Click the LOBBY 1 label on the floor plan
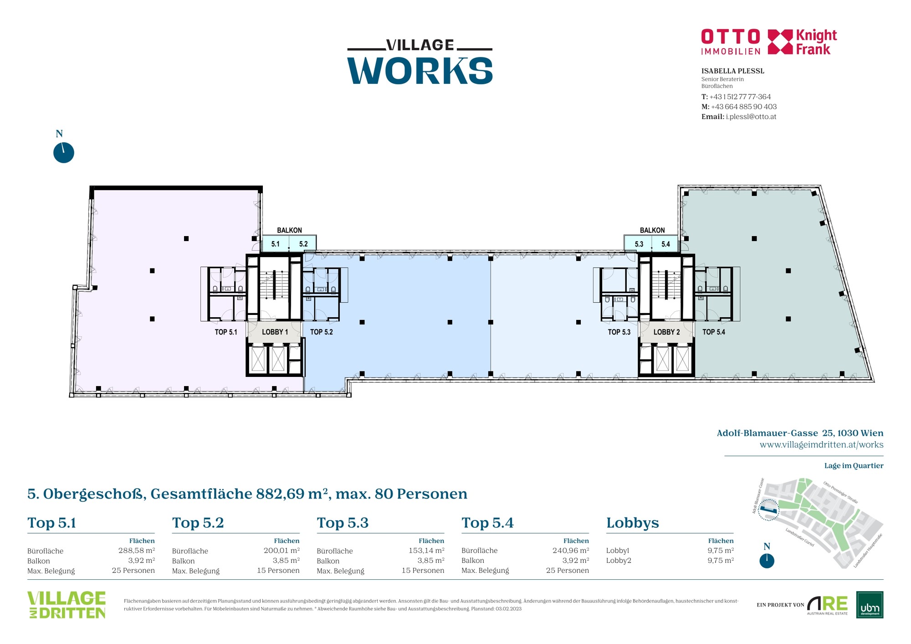point(275,332)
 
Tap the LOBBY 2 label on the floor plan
point(666,332)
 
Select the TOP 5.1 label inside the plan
point(226,332)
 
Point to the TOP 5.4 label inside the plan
point(714,332)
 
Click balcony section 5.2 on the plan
point(303,244)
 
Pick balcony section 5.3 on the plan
point(639,244)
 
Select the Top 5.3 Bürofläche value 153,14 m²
point(426,550)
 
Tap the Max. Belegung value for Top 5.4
point(568,570)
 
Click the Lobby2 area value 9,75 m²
point(721,560)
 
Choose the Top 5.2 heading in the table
point(198,523)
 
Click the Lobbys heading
point(633,523)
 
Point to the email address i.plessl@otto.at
point(751,117)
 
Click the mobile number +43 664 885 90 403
point(744,107)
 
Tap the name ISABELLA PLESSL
point(733,71)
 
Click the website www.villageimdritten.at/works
point(822,444)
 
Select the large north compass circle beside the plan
point(64,153)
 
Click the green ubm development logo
point(870,605)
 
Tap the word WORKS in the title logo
point(420,71)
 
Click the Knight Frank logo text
point(816,42)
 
